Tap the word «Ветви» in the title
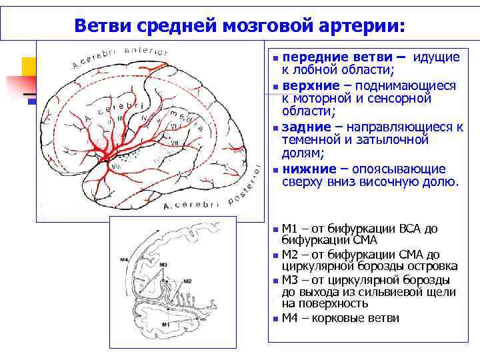(x=101, y=26)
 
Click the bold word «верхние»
(x=310, y=86)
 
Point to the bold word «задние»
(x=307, y=127)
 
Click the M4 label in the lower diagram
(x=124, y=259)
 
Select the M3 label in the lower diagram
(x=163, y=265)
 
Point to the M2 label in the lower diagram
(x=187, y=281)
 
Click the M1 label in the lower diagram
(x=165, y=323)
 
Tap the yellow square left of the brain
(x=29, y=66)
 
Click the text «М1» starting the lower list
(x=290, y=229)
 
